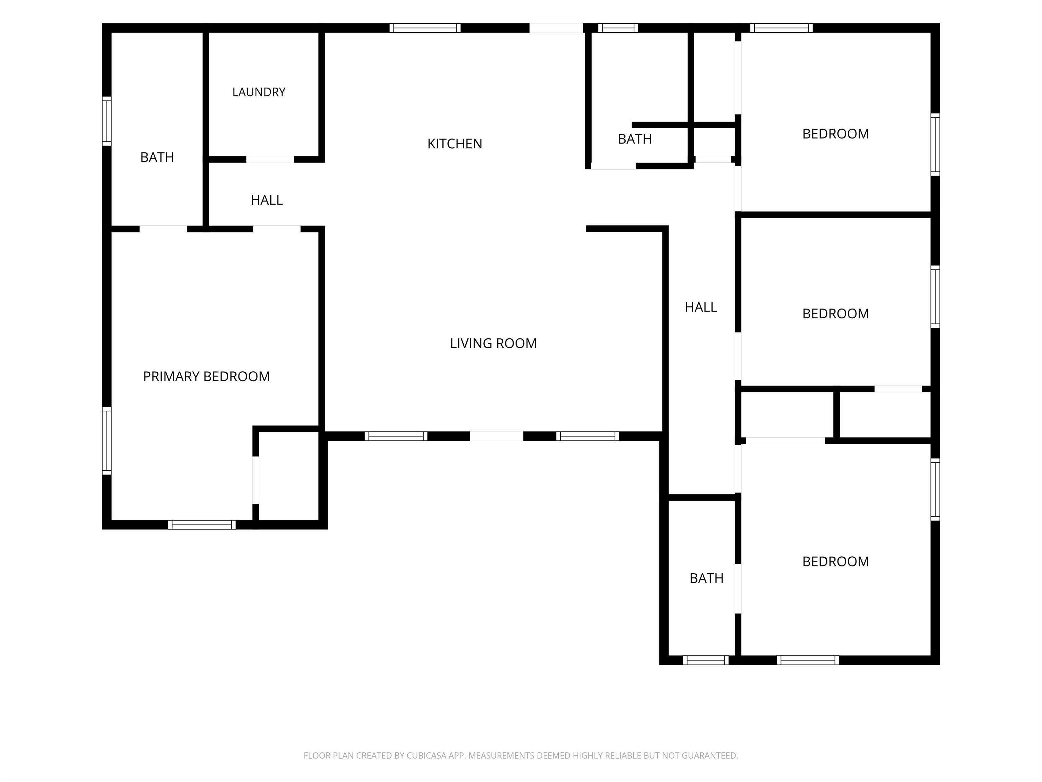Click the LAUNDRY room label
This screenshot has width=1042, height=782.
258,92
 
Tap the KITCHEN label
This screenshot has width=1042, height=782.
455,144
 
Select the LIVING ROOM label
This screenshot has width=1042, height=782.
493,343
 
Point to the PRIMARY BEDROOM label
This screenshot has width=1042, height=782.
206,376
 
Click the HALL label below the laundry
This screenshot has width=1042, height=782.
267,200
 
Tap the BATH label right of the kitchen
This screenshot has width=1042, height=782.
635,139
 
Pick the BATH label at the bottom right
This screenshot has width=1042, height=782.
707,578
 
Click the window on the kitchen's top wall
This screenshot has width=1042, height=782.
425,28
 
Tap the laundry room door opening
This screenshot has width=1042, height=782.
270,159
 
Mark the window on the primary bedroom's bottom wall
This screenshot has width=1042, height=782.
201,525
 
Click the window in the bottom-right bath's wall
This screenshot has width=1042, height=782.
706,660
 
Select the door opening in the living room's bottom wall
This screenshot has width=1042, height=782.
497,436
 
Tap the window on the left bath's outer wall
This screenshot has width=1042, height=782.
107,121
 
